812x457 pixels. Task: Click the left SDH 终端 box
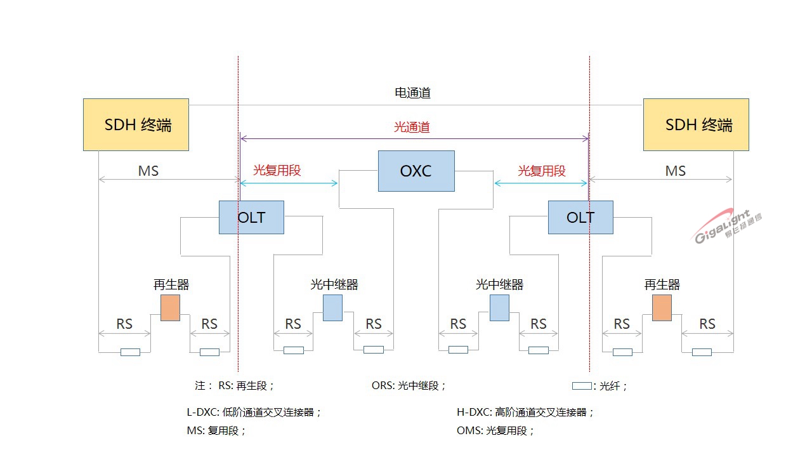[x=136, y=124]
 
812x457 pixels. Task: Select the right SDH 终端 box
[x=696, y=124]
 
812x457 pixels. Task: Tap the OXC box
[x=416, y=171]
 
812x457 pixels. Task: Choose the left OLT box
[x=251, y=217]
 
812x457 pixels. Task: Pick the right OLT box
[x=580, y=217]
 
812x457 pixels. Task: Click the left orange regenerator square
[x=170, y=307]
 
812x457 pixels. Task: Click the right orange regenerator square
[x=662, y=307]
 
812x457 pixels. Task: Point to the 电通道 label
[x=412, y=93]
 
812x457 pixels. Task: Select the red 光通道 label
[x=412, y=127]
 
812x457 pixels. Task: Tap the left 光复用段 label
[x=277, y=170]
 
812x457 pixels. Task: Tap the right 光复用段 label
[x=542, y=170]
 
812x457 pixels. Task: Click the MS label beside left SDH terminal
[x=148, y=171]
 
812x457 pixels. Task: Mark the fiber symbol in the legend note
[x=582, y=385]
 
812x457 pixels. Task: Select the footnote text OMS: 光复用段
[x=495, y=431]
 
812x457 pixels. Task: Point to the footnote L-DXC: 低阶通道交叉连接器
[x=254, y=412]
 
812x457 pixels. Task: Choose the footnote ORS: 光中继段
[x=409, y=385]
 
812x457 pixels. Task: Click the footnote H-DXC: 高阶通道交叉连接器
[x=525, y=412]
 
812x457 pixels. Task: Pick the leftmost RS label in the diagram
[x=124, y=324]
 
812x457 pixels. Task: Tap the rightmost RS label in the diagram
[x=707, y=324]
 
